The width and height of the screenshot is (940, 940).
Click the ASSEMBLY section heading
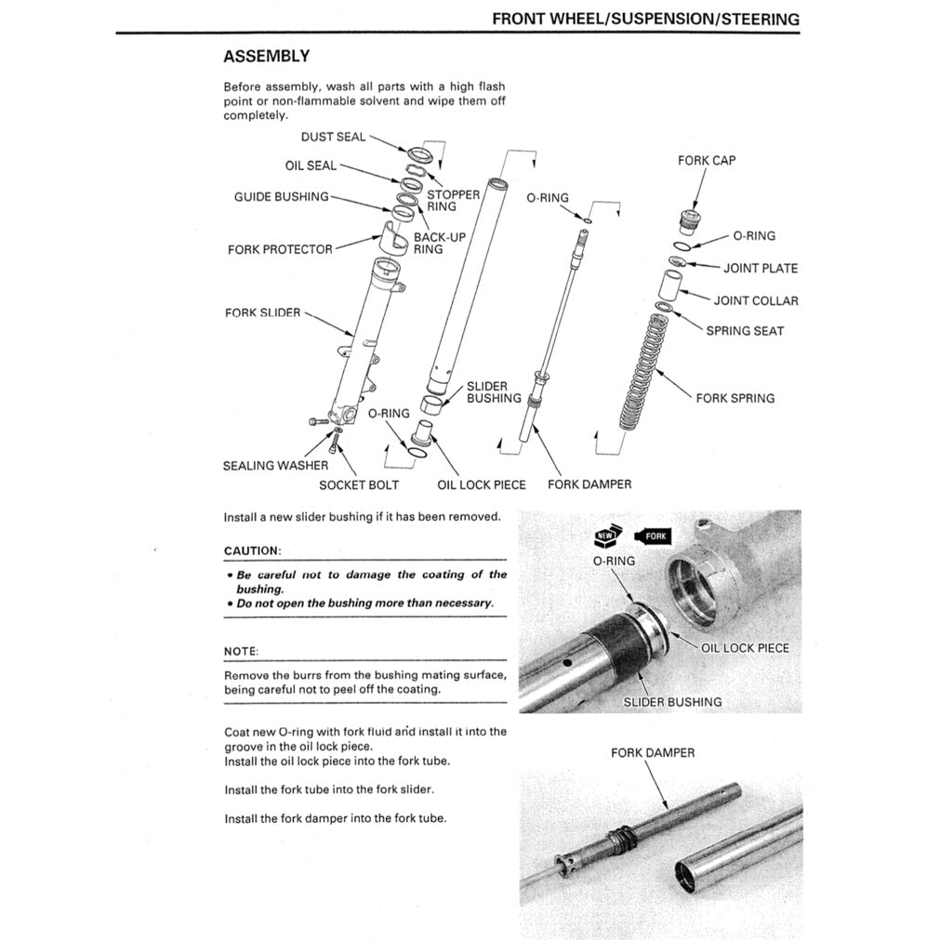point(266,57)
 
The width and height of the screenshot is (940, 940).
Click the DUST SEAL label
point(333,137)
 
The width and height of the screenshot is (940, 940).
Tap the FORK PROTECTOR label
point(280,249)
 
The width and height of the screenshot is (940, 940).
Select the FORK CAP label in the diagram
point(707,160)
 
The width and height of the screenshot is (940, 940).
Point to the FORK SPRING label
point(735,398)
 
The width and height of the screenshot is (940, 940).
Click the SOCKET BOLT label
point(359,484)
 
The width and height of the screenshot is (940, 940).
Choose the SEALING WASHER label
point(275,465)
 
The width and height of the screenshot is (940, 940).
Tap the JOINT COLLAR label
point(755,300)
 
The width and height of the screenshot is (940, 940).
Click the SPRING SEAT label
point(745,330)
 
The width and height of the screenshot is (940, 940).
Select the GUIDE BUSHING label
point(281,196)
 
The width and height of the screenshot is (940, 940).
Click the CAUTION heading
point(252,550)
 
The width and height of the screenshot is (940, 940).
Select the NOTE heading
point(242,651)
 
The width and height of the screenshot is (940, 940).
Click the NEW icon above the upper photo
point(606,536)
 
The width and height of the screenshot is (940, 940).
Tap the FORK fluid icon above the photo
point(651,536)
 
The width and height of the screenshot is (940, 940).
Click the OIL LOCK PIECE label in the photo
point(745,647)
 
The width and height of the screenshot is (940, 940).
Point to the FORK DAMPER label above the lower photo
point(653,752)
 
